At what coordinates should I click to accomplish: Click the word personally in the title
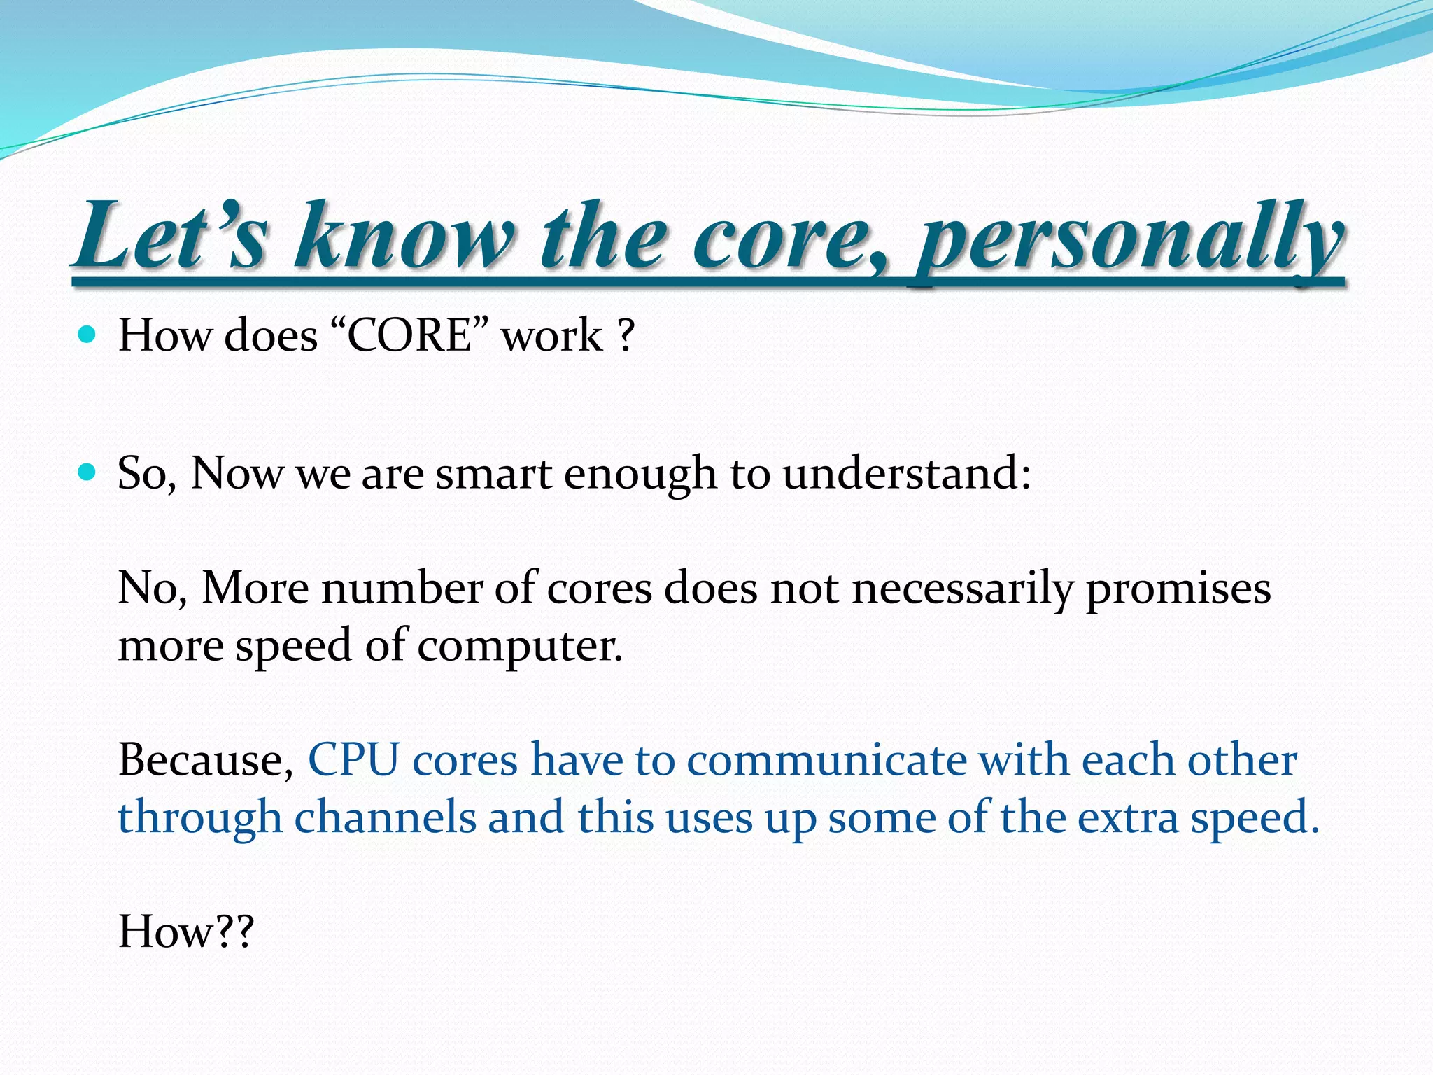[1128, 238]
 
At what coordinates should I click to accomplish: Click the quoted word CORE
[409, 335]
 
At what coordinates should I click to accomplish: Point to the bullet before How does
[87, 335]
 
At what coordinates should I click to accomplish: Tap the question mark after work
[626, 335]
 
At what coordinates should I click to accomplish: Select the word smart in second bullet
[494, 473]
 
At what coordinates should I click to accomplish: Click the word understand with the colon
[907, 473]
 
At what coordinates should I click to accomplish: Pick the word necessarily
[962, 588]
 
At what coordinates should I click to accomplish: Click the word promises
[1178, 588]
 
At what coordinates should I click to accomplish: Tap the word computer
[519, 645]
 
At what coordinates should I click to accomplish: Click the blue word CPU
[353, 760]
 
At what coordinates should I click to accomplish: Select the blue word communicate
[826, 760]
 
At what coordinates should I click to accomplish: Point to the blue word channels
[385, 817]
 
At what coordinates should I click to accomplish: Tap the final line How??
[185, 932]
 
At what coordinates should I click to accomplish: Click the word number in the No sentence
[402, 588]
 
